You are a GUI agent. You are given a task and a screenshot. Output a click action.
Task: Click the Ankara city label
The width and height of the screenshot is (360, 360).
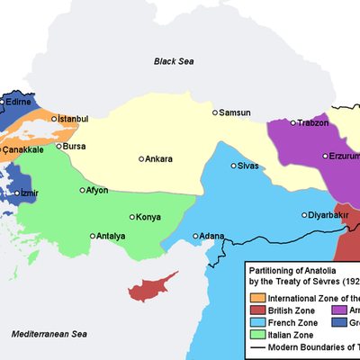point(159,159)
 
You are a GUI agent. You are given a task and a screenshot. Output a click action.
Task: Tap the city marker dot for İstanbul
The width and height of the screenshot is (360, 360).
point(54,118)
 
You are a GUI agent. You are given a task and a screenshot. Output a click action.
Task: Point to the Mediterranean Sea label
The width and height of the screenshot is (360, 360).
point(47,333)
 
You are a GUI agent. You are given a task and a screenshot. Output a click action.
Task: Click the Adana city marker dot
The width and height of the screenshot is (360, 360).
point(195,237)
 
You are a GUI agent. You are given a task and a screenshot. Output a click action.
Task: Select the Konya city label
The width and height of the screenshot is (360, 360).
point(149,218)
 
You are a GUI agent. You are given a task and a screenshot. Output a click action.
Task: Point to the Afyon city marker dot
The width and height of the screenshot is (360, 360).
point(83,191)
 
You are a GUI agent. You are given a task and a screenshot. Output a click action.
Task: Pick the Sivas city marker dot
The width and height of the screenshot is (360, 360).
point(234,166)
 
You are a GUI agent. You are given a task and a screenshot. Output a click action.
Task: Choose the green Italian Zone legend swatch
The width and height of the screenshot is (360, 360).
point(257,335)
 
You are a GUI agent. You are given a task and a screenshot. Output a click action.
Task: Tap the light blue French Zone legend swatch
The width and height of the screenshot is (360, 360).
point(257,322)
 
